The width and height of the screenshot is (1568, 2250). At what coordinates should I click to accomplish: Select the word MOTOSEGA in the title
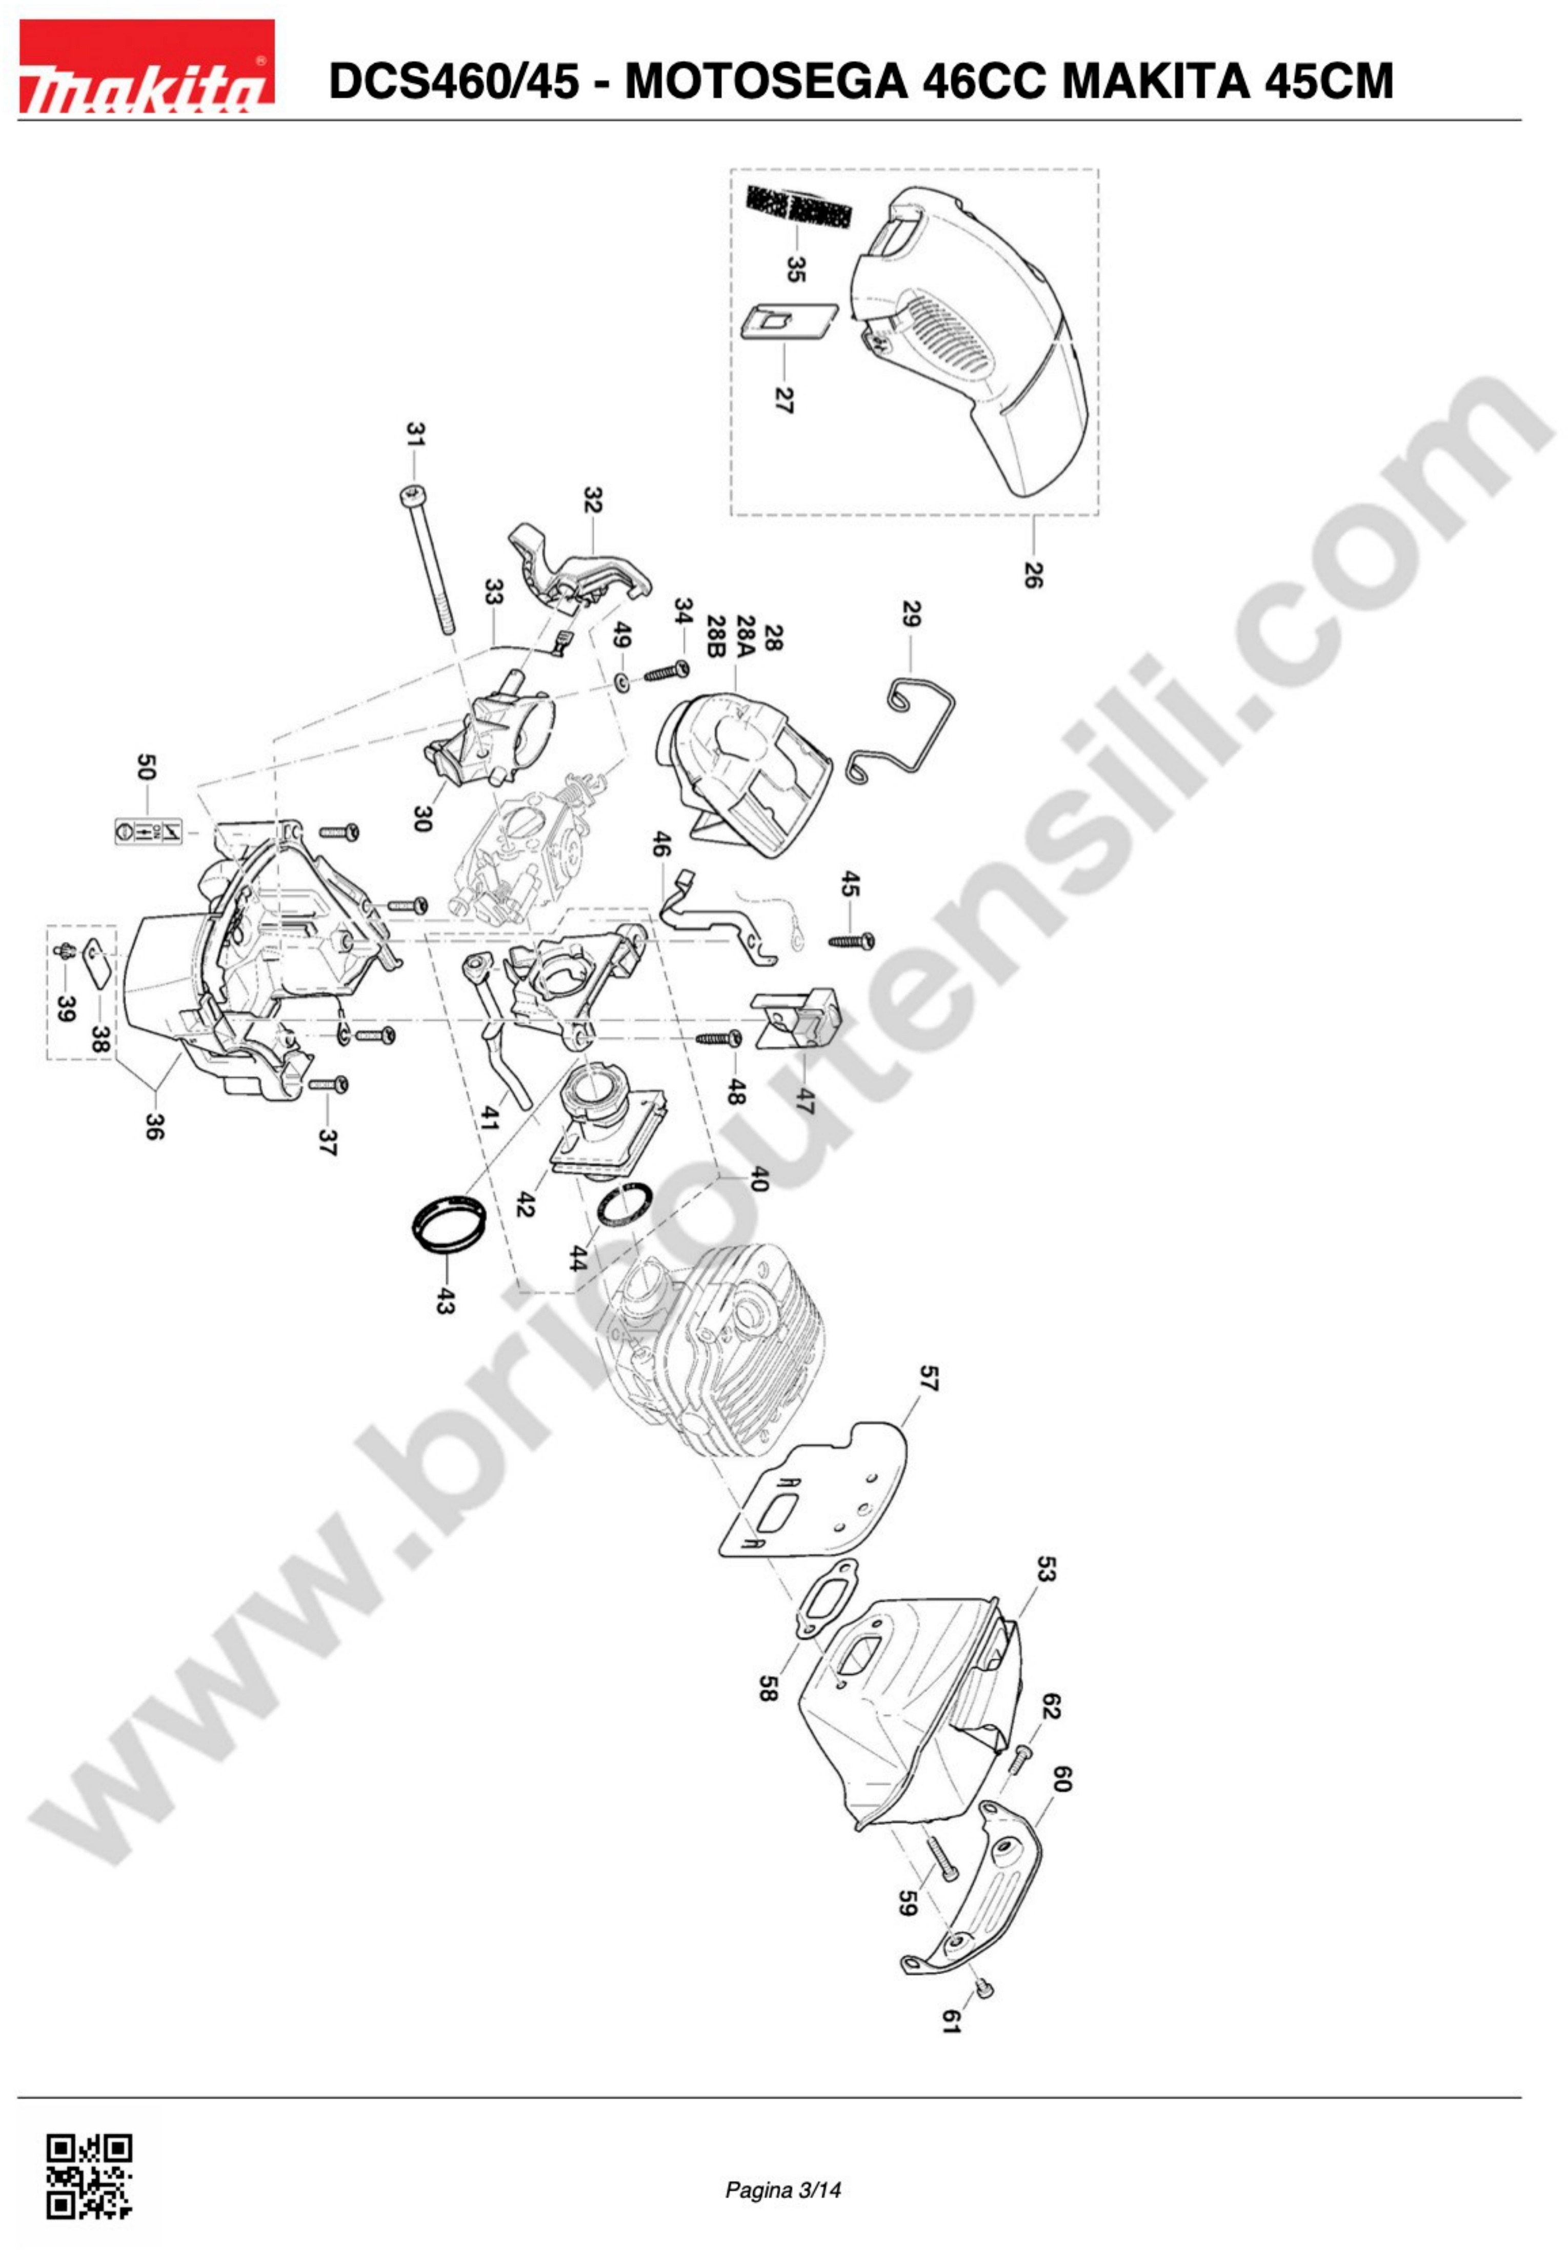767,80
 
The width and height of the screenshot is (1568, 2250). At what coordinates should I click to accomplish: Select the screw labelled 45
851,941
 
